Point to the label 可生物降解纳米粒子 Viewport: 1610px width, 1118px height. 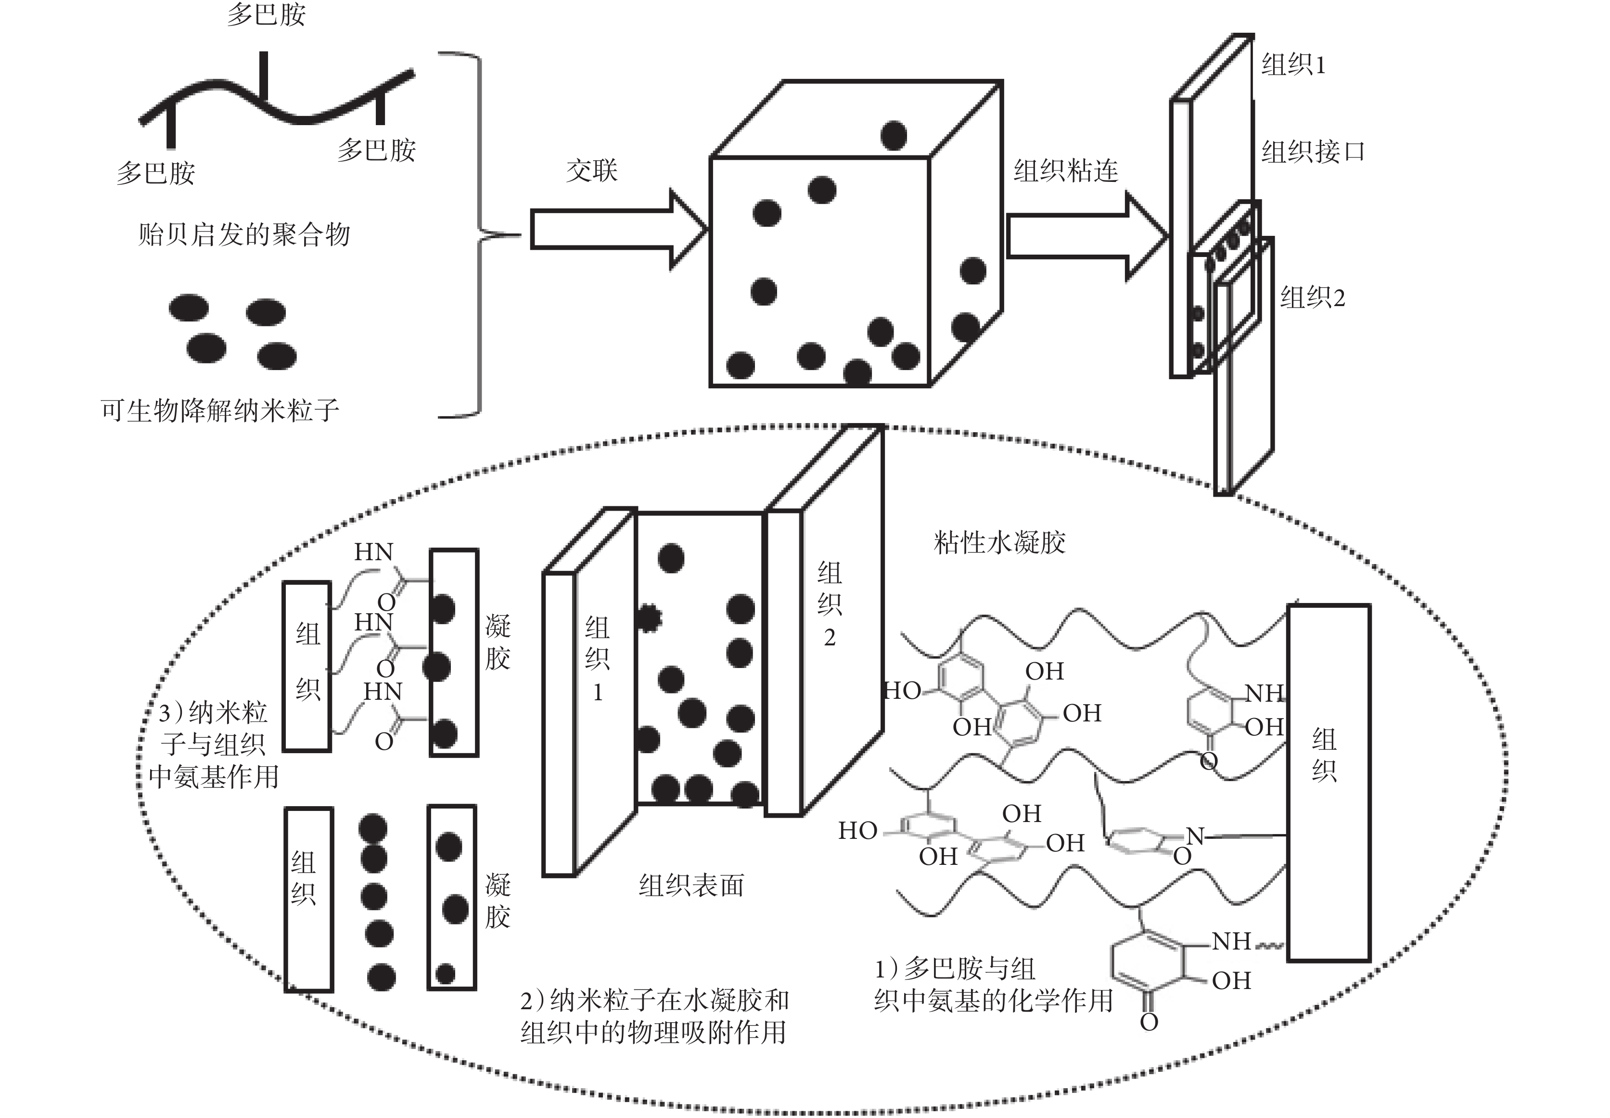pos(220,410)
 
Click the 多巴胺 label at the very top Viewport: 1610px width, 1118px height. pos(266,14)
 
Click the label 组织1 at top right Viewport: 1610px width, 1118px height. pos(1293,65)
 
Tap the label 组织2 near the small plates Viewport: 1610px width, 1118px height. pos(1312,298)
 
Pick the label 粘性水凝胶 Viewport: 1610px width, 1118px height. pos(999,542)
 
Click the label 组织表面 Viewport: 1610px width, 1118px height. pos(691,886)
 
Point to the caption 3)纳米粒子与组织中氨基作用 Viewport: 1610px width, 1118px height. pos(214,744)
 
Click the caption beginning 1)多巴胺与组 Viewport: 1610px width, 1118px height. pos(993,984)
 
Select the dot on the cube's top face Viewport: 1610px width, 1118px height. pos(894,135)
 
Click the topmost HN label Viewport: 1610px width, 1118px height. pos(373,552)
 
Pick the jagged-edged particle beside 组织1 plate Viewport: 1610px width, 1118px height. pos(649,618)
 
